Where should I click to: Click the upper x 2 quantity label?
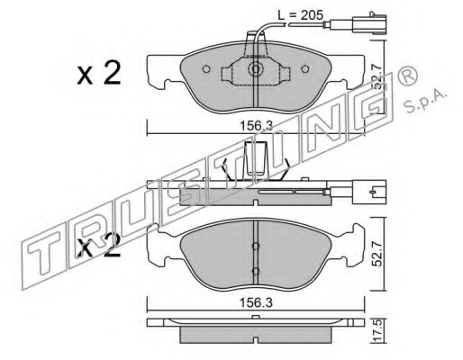point(99,73)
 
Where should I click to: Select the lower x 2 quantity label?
point(98,246)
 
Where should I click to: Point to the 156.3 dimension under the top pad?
point(256,125)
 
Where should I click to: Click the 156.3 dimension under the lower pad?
point(256,303)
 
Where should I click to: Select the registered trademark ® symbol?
point(407,76)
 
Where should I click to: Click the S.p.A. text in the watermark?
point(425,101)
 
